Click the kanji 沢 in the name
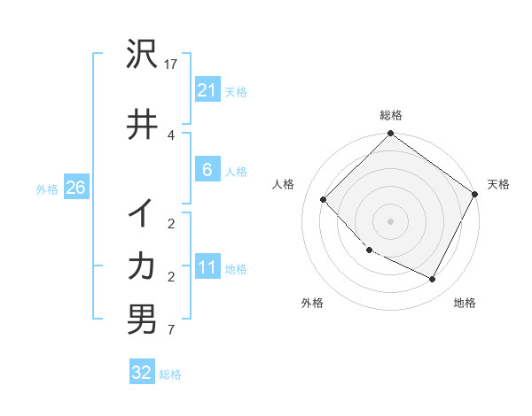(143, 56)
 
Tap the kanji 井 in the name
(143, 125)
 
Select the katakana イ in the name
(142, 212)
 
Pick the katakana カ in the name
(142, 266)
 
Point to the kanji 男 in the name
(142, 320)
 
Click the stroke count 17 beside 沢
(173, 65)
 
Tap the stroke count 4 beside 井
(170, 135)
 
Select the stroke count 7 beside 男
(170, 331)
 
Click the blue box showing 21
(207, 90)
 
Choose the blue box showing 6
(207, 170)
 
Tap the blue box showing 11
(207, 268)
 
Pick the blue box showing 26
(75, 188)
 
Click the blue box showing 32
(142, 373)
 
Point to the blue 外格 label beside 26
(47, 189)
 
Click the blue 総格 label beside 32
(170, 374)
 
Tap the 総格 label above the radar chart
(390, 115)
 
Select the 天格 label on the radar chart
(498, 184)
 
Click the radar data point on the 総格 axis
(390, 135)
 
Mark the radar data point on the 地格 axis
(433, 280)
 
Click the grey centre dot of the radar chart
(390, 220)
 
